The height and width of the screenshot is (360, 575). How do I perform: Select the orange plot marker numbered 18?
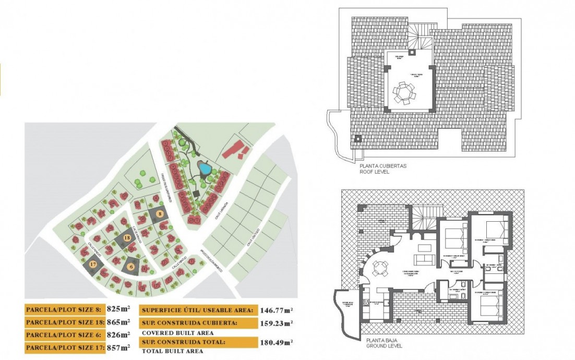pyautogui.click(x=127, y=237)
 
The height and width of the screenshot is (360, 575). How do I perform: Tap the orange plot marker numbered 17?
pyautogui.click(x=93, y=265)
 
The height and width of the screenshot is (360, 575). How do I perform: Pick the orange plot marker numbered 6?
pyautogui.click(x=131, y=266)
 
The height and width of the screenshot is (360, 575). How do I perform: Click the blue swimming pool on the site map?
pyautogui.click(x=205, y=169)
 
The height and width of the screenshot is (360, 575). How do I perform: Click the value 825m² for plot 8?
pyautogui.click(x=118, y=309)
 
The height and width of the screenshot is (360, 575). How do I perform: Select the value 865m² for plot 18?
pyautogui.click(x=118, y=322)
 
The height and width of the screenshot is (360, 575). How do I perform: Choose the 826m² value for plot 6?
pyautogui.click(x=118, y=335)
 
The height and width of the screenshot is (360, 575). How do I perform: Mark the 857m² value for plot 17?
pyautogui.click(x=118, y=347)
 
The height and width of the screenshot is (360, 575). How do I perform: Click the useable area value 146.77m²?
pyautogui.click(x=276, y=310)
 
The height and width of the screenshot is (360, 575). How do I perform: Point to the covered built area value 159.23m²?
pyautogui.click(x=276, y=323)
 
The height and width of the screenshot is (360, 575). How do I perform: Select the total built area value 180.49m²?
pyautogui.click(x=276, y=342)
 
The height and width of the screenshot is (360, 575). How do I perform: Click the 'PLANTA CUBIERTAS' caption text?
pyautogui.click(x=382, y=166)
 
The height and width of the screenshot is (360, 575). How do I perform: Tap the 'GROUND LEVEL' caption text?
pyautogui.click(x=384, y=345)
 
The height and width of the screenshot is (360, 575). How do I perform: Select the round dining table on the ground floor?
pyautogui.click(x=379, y=268)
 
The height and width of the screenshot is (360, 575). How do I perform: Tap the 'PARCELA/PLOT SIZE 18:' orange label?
pyautogui.click(x=65, y=322)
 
